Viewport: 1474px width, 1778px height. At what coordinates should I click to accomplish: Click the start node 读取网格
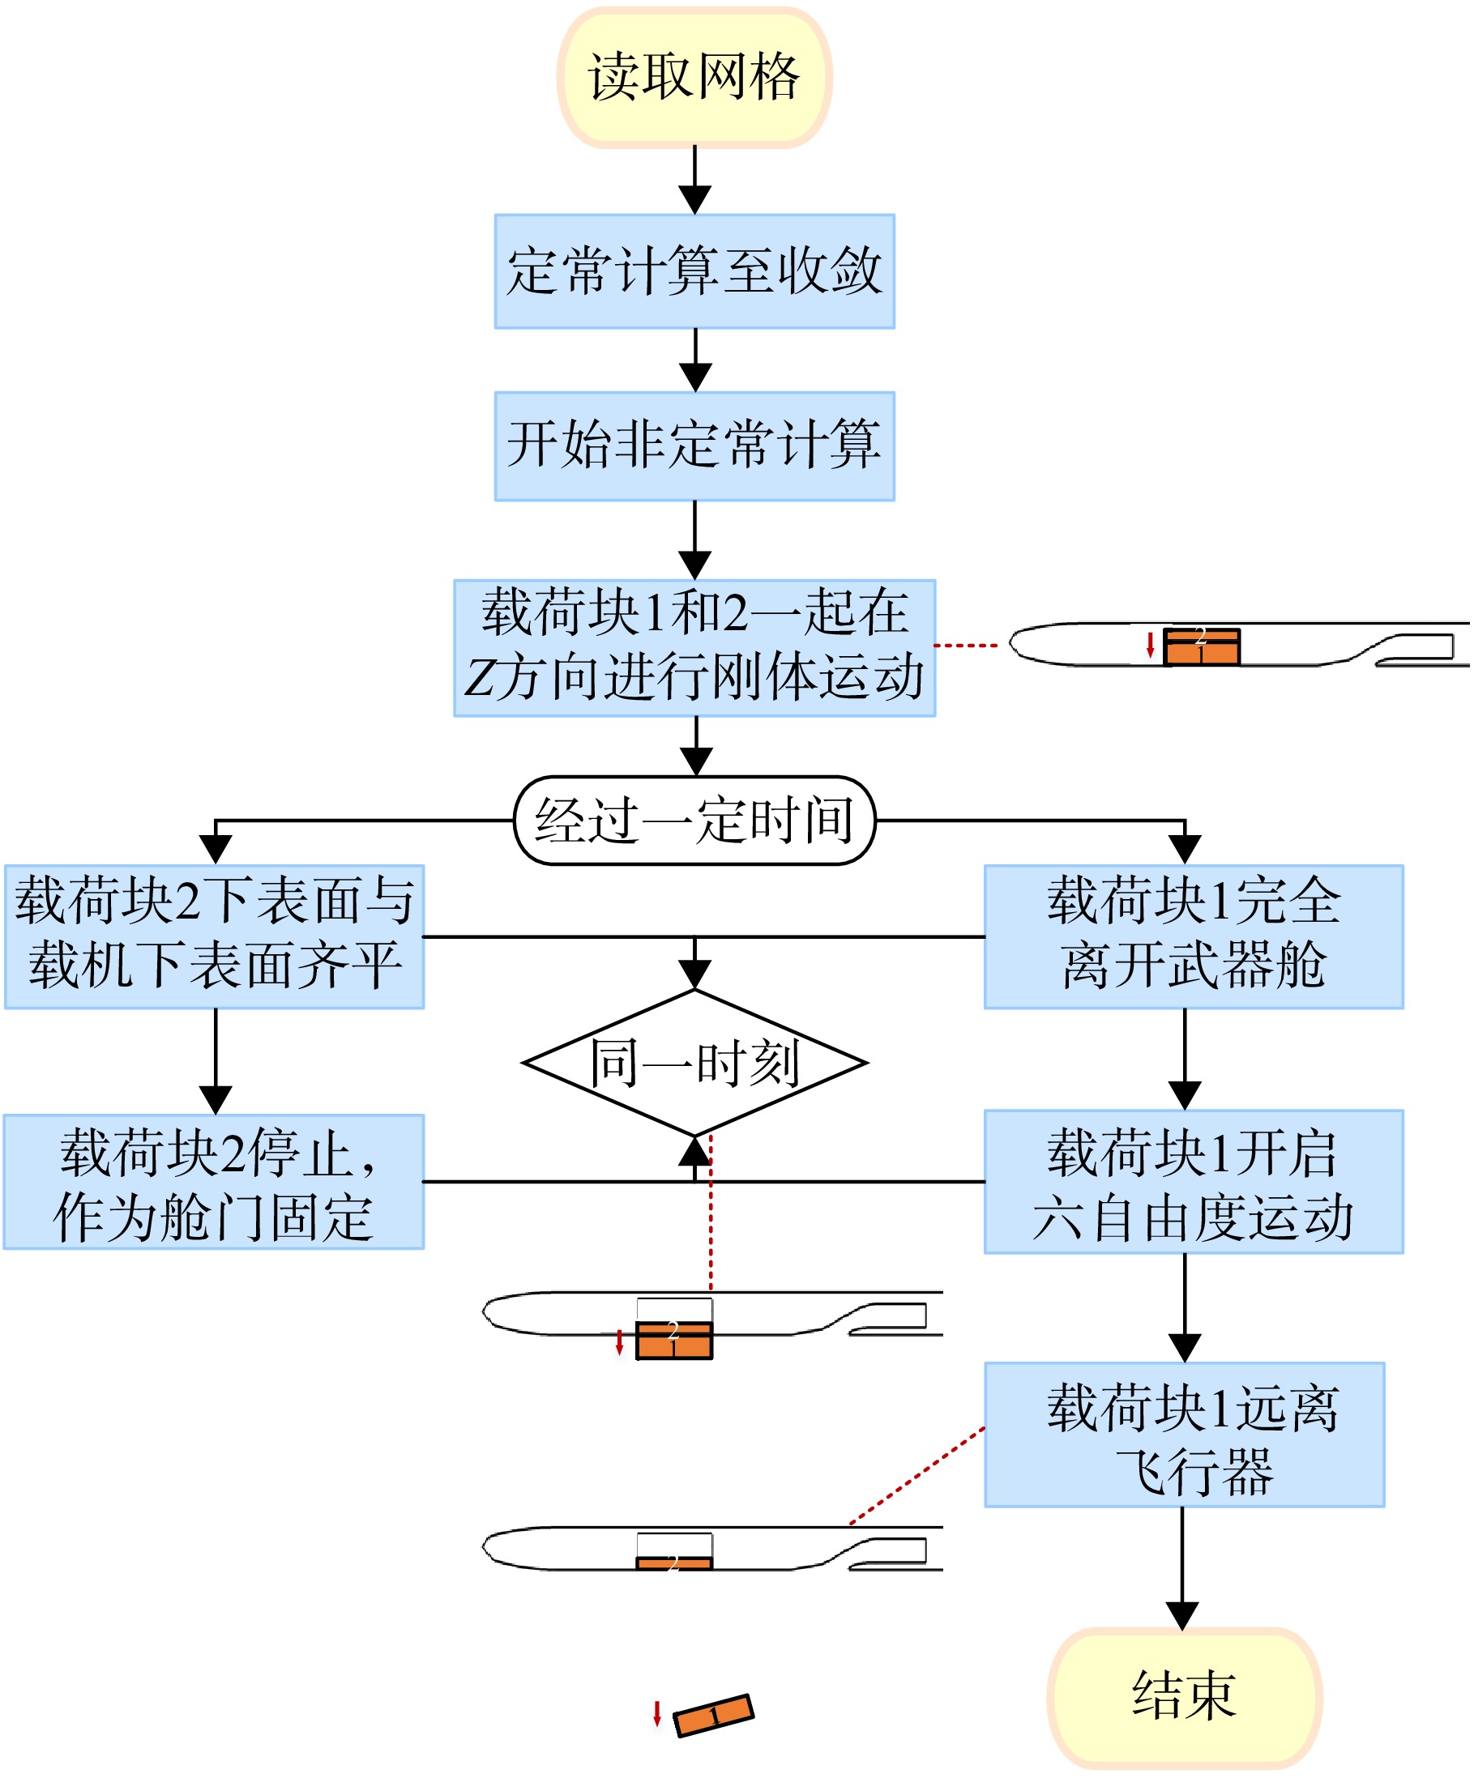coord(694,77)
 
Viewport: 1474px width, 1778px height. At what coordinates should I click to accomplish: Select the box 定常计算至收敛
coord(694,271)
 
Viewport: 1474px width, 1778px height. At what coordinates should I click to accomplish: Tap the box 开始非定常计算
coord(694,446)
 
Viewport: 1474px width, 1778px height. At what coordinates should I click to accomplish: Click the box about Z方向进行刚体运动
coord(694,648)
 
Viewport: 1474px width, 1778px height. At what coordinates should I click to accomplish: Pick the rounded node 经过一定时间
coord(694,821)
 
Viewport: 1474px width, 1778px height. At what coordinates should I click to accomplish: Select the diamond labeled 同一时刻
coord(694,1063)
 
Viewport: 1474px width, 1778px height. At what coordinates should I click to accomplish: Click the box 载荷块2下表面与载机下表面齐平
coord(214,936)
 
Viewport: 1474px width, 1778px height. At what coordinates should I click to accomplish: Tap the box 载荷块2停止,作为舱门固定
coord(214,1181)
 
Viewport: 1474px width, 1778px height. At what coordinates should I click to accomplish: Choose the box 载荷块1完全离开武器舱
coord(1194,936)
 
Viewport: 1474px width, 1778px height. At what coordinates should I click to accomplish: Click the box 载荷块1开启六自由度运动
coord(1194,1181)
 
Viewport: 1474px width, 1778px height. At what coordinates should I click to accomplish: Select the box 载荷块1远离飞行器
coord(1184,1435)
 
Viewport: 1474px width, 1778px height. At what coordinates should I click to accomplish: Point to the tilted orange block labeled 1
coord(713,1715)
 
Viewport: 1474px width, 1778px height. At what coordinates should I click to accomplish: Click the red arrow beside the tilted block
coord(656,1713)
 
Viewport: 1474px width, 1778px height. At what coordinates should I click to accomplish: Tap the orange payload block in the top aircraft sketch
coord(1201,647)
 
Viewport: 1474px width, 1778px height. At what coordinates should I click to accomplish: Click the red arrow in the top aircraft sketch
coord(1151,644)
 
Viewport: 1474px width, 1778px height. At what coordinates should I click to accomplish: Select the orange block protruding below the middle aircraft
coord(674,1340)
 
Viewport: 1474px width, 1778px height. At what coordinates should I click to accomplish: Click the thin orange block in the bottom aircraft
coord(674,1563)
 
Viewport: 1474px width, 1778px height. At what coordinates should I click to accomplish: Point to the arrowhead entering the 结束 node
coord(1182,1615)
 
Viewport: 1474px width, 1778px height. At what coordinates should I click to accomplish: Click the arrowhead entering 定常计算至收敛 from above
coord(695,201)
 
